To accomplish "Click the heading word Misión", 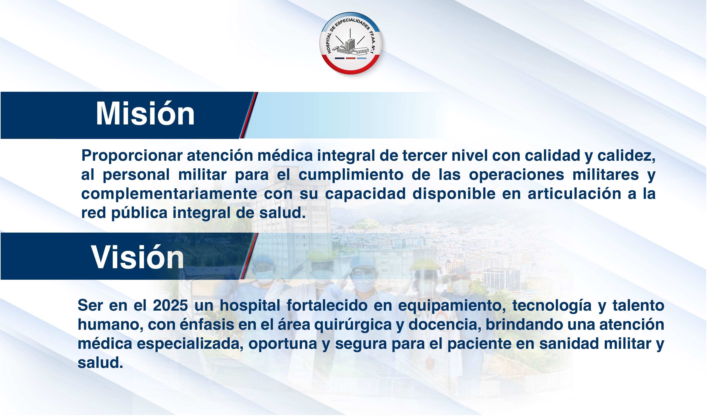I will [145, 114].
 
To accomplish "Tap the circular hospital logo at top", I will [351, 43].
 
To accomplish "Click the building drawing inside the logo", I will [350, 47].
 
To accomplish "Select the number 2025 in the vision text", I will [170, 306].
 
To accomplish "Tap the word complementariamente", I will [169, 194].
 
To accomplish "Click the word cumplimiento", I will [351, 175].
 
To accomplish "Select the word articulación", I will [574, 194].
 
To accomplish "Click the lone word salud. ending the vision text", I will [100, 363].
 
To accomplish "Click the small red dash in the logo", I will [351, 58].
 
